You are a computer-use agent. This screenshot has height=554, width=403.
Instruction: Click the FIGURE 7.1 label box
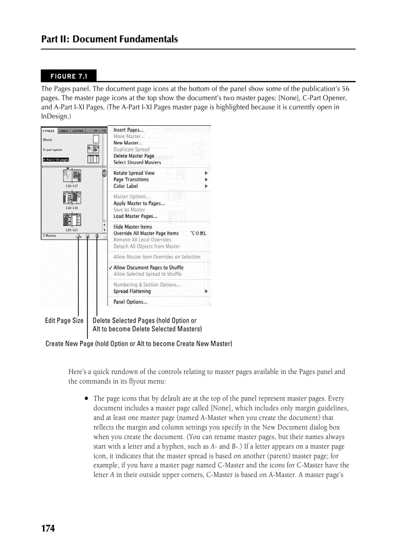[x=69, y=76]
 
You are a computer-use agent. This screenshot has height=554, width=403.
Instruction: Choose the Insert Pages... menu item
[x=128, y=130]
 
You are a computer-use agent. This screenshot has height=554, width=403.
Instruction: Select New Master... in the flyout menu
[x=128, y=143]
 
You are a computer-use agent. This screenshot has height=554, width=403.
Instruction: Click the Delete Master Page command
[x=134, y=156]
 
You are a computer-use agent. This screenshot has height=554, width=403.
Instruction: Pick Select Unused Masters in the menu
[x=137, y=162]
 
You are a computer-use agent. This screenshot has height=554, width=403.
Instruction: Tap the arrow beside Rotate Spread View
[x=206, y=173]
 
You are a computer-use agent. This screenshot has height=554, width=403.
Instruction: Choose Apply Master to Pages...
[x=139, y=203]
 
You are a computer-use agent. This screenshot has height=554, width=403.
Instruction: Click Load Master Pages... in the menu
[x=135, y=216]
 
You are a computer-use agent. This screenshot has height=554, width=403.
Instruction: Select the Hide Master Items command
[x=133, y=227]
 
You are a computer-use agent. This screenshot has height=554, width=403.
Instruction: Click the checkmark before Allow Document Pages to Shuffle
[x=111, y=268]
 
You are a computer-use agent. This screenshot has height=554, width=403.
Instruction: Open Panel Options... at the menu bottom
[x=130, y=302]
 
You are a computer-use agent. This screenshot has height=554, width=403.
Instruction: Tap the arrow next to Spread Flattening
[x=206, y=292]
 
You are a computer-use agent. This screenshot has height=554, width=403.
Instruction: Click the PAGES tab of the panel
[x=48, y=131]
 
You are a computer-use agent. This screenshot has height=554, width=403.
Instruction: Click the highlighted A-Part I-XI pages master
[x=56, y=159]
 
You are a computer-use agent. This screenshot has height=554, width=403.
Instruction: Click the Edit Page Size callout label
[x=64, y=321]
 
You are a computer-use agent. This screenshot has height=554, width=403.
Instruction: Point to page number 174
[x=48, y=528]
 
